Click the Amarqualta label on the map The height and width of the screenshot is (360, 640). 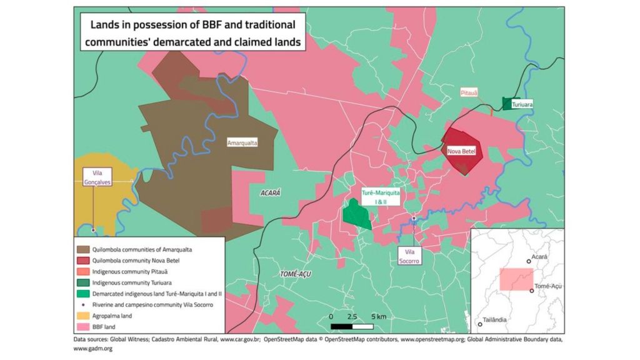click(x=242, y=142)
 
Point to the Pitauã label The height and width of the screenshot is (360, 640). click(x=469, y=92)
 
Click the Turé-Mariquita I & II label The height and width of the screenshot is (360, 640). click(x=381, y=198)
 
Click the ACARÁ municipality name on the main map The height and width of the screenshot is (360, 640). click(x=271, y=193)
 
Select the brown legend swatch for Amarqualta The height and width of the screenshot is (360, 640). click(x=82, y=249)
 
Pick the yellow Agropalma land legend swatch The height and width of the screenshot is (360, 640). click(x=82, y=316)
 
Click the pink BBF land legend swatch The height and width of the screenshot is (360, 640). click(x=82, y=327)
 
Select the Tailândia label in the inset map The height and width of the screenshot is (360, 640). click(x=495, y=320)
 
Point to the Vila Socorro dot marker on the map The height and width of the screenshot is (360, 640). click(x=414, y=218)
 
